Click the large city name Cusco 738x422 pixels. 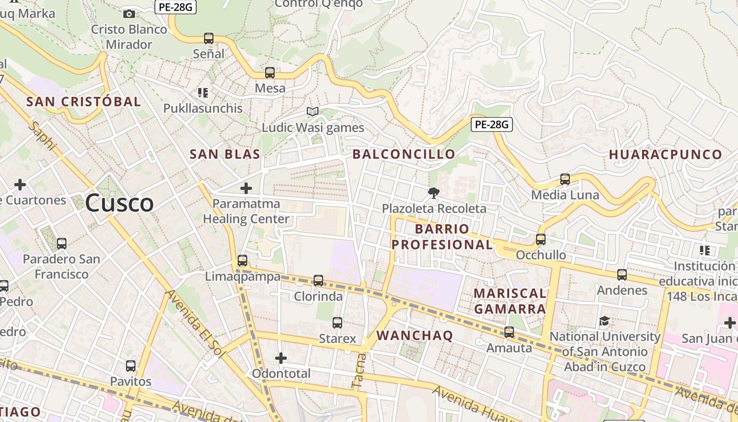point(119,203)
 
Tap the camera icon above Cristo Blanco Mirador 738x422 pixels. point(129,14)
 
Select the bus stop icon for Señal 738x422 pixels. point(209,39)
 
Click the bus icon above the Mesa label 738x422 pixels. point(270,73)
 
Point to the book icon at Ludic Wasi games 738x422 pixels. point(313,111)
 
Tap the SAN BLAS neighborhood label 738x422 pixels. point(225,154)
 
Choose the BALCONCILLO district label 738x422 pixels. point(403,154)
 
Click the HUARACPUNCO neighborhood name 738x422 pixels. point(665,155)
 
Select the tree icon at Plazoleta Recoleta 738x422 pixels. point(434,193)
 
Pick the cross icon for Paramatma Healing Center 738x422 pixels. point(246,188)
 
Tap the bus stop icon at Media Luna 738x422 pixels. point(565,179)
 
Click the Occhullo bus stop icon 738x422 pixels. point(541,239)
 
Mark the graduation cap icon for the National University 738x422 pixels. point(604,321)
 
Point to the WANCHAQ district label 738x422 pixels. point(414,335)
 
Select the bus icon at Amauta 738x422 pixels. point(509,332)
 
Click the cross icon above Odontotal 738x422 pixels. point(281,358)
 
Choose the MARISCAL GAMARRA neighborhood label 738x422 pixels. point(510,301)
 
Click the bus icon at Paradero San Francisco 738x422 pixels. point(62,244)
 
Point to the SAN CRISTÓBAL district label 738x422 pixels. point(84,102)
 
